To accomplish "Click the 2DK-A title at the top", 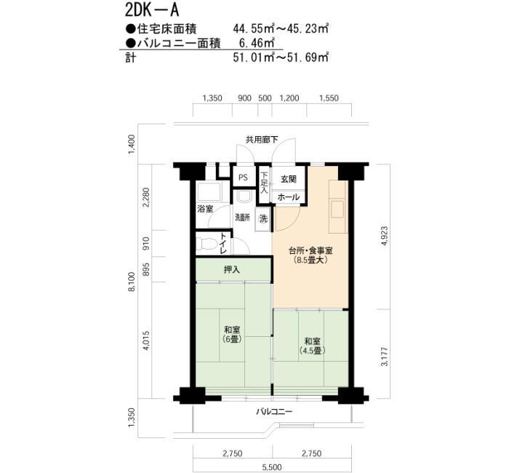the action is [152, 10].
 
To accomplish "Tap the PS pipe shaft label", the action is [243, 178].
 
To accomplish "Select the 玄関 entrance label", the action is [288, 179].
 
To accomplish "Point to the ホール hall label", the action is [288, 197].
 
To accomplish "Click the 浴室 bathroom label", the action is [205, 209].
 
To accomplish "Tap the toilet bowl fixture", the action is [207, 244].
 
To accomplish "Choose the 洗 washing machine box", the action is [263, 219].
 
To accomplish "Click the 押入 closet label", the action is [232, 269].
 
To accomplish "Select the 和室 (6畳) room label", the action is [232, 335].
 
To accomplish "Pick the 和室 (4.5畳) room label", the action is [312, 346].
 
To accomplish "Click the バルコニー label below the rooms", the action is [274, 412].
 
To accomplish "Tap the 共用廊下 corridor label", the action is [262, 140].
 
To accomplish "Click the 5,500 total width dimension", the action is [272, 468].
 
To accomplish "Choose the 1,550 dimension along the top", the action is [329, 98].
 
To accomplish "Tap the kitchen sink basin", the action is [337, 209].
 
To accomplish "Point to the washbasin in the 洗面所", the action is [244, 196].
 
